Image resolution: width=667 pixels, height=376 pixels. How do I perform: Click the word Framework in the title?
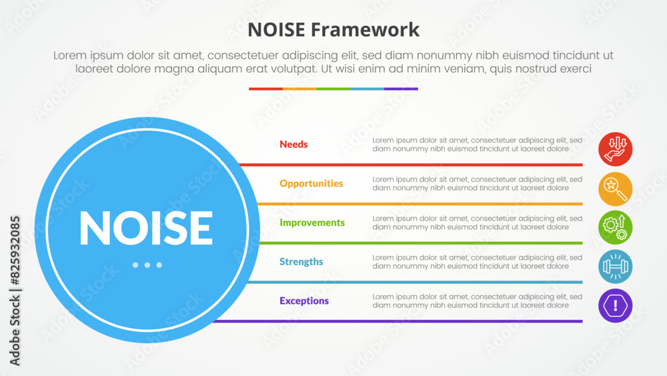tap(365, 30)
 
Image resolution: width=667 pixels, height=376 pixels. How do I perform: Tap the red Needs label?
tap(293, 144)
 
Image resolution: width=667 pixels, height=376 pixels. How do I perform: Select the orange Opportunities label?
tap(311, 184)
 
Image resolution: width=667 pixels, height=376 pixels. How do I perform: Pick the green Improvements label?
tap(312, 222)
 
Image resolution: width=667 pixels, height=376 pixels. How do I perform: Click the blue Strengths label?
tap(301, 262)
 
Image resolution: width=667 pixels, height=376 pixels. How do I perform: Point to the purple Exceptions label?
tap(304, 301)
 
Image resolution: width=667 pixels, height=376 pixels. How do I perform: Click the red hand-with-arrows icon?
tap(615, 149)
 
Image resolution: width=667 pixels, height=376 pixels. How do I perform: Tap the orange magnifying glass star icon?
tap(615, 188)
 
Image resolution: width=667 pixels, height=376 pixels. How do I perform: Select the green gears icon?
tap(615, 227)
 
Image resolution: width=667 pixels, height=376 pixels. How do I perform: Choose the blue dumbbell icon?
tap(615, 266)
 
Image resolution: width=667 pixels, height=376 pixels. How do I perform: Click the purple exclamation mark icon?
tap(615, 306)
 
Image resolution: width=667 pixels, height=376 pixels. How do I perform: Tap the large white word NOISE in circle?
tap(146, 228)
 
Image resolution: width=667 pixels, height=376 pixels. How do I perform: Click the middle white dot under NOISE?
tap(147, 265)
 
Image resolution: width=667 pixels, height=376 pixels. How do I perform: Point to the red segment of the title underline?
tap(266, 89)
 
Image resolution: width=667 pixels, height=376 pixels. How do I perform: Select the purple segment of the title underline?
tap(401, 89)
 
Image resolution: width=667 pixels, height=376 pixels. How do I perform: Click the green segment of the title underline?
tap(333, 89)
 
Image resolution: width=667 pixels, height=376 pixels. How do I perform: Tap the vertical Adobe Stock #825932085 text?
tap(15, 291)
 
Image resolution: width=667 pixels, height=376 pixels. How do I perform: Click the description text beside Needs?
tap(478, 145)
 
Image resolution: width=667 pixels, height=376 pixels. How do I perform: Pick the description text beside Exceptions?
tap(478, 301)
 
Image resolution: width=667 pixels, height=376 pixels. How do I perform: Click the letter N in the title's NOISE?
tap(255, 30)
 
